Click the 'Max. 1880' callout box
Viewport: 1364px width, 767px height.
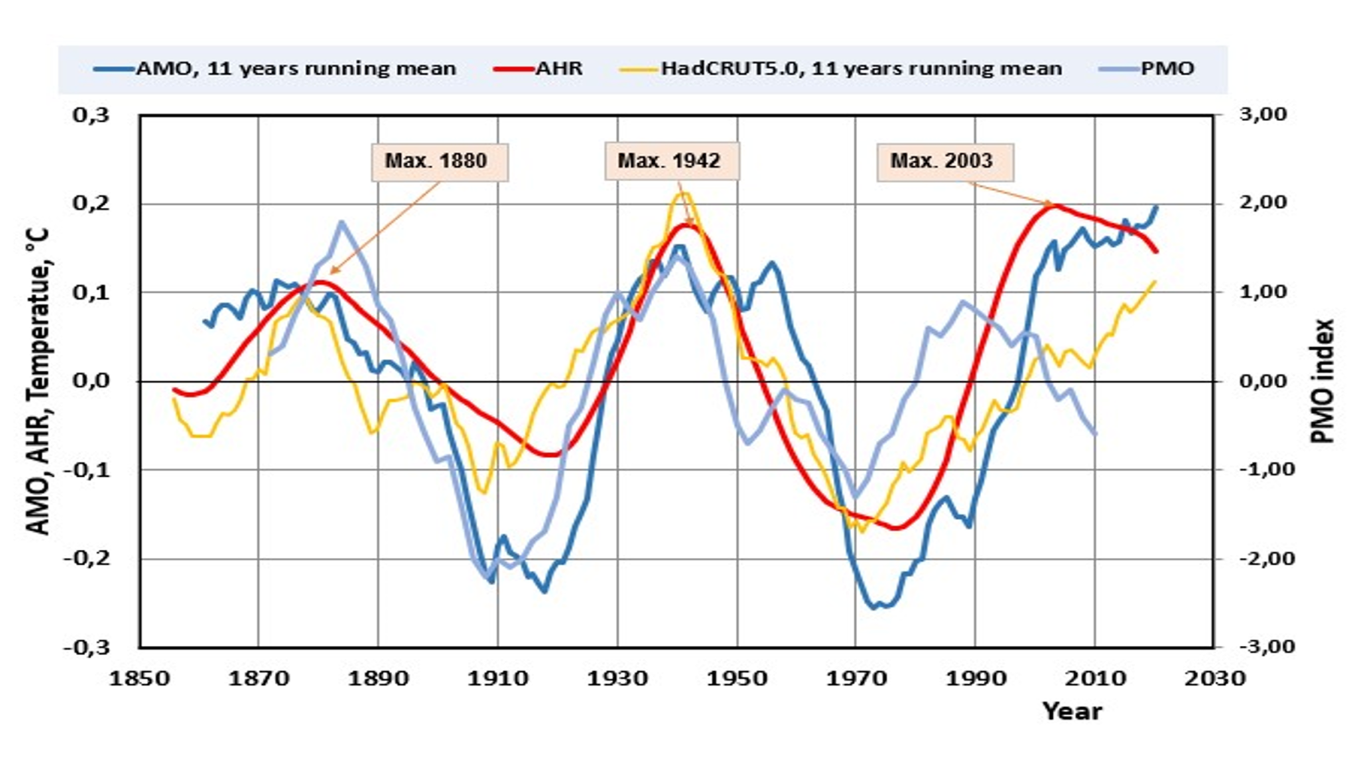pos(439,162)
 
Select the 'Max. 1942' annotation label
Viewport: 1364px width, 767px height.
pos(671,161)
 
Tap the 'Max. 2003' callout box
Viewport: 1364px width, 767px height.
pos(944,161)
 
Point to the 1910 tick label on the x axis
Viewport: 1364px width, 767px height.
pos(498,678)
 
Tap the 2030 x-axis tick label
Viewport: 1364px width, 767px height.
pos(1215,678)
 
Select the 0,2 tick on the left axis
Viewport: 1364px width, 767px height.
pos(91,203)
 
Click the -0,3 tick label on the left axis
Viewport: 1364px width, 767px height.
pos(87,647)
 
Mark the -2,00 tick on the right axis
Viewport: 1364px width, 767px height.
pos(1261,558)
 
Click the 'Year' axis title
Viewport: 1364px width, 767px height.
pos(1072,711)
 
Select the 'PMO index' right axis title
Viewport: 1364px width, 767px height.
pos(1322,381)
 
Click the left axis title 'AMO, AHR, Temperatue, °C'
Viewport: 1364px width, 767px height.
pos(38,381)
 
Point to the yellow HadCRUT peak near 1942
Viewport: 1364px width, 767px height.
pos(683,194)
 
